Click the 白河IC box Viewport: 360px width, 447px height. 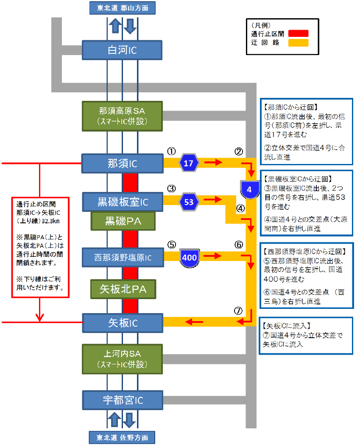click(x=122, y=50)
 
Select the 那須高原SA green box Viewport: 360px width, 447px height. click(x=122, y=116)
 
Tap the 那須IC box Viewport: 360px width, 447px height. click(x=122, y=164)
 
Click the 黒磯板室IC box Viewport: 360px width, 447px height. click(x=122, y=202)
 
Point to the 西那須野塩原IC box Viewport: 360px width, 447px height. click(x=122, y=257)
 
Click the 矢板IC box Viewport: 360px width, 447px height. click(x=122, y=323)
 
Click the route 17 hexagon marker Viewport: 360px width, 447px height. click(x=189, y=163)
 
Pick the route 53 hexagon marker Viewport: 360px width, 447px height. click(x=189, y=202)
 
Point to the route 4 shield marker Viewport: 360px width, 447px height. click(x=249, y=189)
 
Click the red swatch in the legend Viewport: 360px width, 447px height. click(x=298, y=33)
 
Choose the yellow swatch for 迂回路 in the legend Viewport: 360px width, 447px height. click(x=298, y=42)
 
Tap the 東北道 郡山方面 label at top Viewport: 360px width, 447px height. click(x=122, y=8)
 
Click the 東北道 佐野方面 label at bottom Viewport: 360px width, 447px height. click(x=122, y=437)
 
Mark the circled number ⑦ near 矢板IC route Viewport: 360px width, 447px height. click(x=238, y=310)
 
